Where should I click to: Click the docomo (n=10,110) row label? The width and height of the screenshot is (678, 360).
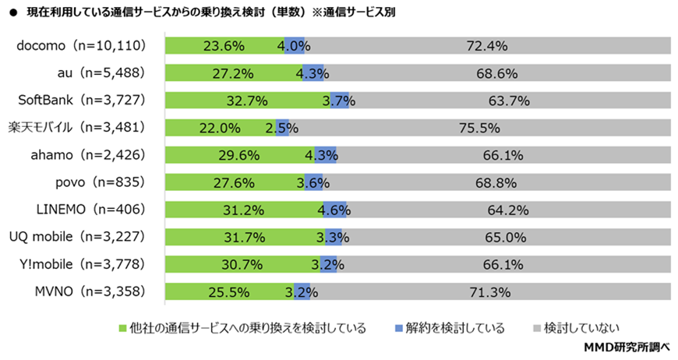point(82,46)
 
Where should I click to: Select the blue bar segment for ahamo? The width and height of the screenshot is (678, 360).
point(320,155)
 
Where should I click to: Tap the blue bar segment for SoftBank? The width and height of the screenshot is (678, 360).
point(339,101)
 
